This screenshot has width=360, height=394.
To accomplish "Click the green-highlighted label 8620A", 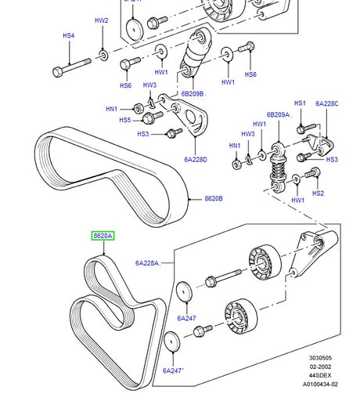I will tap(103, 235).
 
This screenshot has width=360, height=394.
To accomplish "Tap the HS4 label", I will tap(68, 36).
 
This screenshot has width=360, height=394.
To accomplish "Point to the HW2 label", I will tap(102, 21).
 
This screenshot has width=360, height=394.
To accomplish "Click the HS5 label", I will tap(124, 120).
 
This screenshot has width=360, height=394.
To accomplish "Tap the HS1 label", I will tap(300, 103).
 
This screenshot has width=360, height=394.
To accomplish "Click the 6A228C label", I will tap(328, 103).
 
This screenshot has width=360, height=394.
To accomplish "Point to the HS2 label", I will tap(318, 193).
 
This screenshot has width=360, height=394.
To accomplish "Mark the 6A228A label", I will tap(146, 264).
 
